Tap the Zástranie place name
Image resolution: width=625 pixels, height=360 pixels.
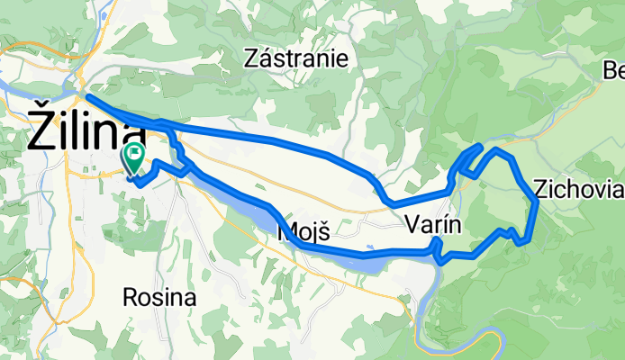pyautogui.click(x=296, y=58)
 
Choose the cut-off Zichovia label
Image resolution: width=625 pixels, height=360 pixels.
pyautogui.click(x=577, y=190)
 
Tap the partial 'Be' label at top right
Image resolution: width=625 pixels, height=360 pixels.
pyautogui.click(x=614, y=70)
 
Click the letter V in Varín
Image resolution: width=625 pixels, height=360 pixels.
pyautogui.click(x=412, y=224)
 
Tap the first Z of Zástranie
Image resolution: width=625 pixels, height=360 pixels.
pyautogui.click(x=253, y=58)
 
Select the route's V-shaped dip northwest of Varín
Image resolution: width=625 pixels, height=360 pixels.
pyautogui.click(x=388, y=202)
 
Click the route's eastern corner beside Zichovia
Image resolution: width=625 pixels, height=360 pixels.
pyautogui.click(x=537, y=203)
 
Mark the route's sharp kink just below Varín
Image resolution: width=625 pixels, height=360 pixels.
pyautogui.click(x=438, y=259)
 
